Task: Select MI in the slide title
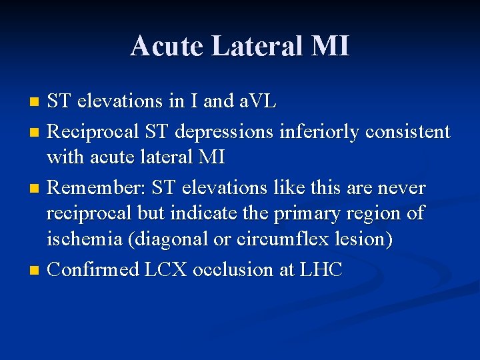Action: [329, 47]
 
